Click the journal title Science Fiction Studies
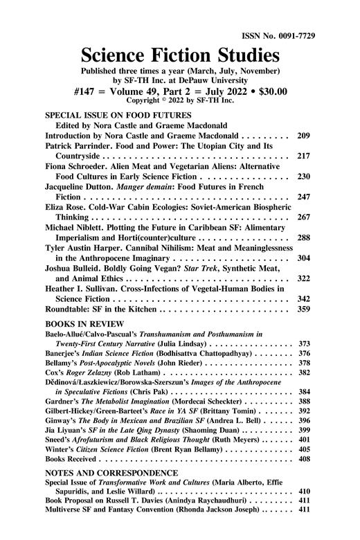pos(179,55)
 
